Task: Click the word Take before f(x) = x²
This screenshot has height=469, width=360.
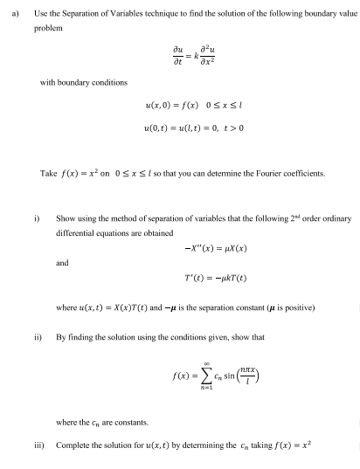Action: (49, 173)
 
